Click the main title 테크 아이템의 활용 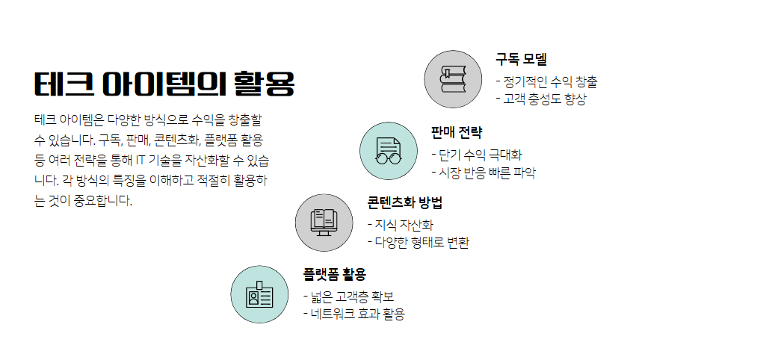tap(164, 83)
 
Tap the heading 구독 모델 tap(521, 59)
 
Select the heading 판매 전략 tap(457, 132)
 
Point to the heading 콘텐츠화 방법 tap(404, 202)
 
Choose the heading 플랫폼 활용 tap(334, 273)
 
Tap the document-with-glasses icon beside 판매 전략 tap(389, 150)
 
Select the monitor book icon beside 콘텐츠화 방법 tap(324, 222)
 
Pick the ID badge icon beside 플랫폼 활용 tap(259, 294)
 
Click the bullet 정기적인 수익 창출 tap(549, 81)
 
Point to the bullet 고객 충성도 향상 tap(544, 99)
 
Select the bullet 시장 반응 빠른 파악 tap(487, 172)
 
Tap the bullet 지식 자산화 tap(404, 225)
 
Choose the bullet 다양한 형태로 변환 tap(421, 242)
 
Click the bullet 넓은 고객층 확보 tap(351, 297)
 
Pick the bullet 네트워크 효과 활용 tap(356, 314)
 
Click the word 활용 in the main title tap(264, 83)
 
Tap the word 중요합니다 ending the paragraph tap(102, 201)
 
